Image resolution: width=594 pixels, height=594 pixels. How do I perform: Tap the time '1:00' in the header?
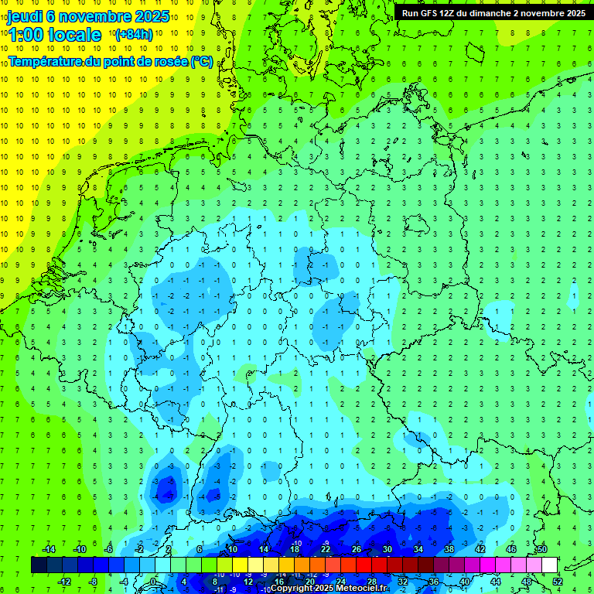25,35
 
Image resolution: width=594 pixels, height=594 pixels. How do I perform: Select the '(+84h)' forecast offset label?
134,35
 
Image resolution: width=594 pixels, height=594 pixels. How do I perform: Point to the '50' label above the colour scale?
542,549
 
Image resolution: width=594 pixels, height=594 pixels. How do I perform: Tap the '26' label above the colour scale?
356,549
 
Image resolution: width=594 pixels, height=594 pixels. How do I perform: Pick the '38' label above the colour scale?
449,549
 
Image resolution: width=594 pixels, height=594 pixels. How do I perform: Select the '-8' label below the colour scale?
94,582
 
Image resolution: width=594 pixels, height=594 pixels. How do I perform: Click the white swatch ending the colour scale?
550,565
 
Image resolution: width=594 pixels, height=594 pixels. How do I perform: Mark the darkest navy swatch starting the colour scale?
39,565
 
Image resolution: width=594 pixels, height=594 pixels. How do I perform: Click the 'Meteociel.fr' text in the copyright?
360,589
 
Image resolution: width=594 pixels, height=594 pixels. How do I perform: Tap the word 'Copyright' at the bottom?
293,589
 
